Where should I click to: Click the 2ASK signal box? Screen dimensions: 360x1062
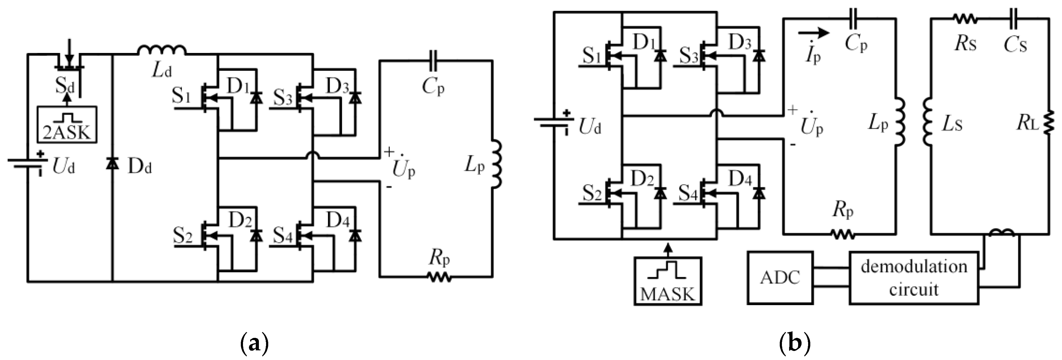(67, 125)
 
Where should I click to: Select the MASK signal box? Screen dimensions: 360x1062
(668, 281)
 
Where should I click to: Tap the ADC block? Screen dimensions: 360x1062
(780, 278)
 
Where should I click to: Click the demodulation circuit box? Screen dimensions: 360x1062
(914, 278)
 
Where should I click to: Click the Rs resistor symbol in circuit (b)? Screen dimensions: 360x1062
(965, 19)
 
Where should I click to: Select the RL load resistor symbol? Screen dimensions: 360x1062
(1049, 124)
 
